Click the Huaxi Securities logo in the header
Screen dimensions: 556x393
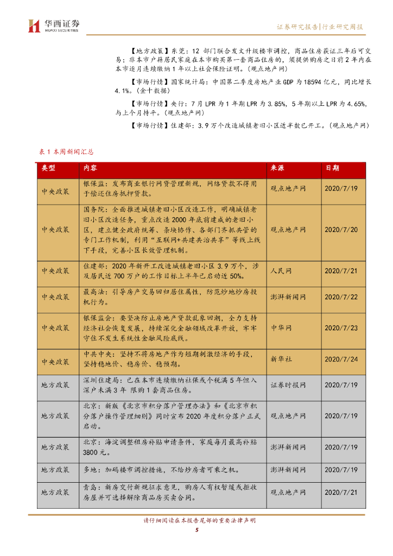click(54, 26)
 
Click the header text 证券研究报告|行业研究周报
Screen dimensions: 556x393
click(320, 27)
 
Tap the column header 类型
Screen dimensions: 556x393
click(48, 168)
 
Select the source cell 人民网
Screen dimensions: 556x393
click(281, 270)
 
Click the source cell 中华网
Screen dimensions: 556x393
click(281, 328)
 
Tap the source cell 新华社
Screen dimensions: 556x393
click(281, 359)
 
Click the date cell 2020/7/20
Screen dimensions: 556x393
click(341, 230)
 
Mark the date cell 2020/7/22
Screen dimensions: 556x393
click(341, 297)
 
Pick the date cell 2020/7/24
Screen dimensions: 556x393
click(341, 359)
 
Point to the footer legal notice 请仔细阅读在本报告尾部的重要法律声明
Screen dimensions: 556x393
click(196, 520)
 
